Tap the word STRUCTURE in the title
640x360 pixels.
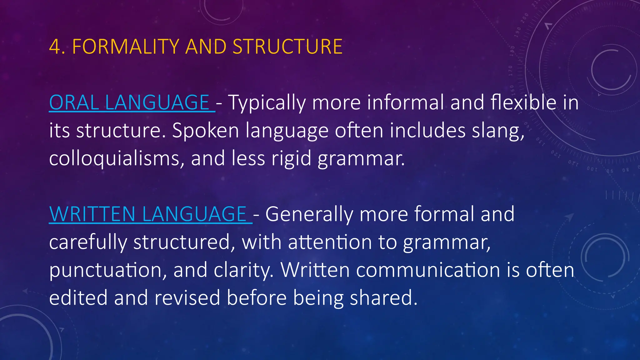[287, 47]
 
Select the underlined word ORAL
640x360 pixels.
[74, 102]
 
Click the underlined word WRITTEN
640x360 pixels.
[92, 214]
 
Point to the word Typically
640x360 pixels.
[267, 103]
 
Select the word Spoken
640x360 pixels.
[205, 131]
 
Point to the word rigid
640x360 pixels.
[291, 159]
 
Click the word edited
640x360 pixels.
[78, 298]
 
